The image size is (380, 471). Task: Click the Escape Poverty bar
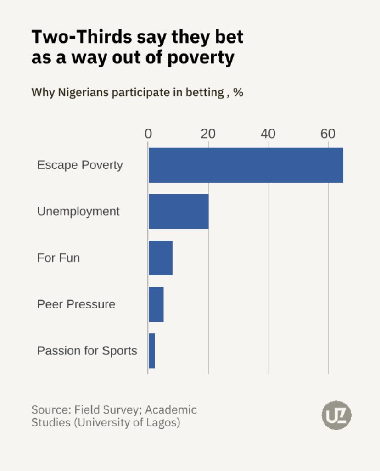click(x=246, y=165)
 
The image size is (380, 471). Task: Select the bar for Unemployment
click(x=179, y=212)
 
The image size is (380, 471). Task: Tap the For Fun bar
click(x=161, y=258)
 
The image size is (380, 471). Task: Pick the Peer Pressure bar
click(x=156, y=304)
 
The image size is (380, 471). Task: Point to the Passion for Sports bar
click(x=152, y=351)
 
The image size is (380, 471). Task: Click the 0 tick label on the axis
click(x=148, y=134)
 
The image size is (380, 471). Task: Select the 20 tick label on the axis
click(x=208, y=134)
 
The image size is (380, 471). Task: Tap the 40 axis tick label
click(x=268, y=134)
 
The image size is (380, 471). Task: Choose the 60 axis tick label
click(x=328, y=134)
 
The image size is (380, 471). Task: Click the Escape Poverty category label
click(x=80, y=165)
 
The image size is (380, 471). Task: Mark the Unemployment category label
click(x=78, y=211)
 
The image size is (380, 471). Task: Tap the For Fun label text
click(x=58, y=258)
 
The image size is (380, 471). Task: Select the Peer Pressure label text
click(x=76, y=304)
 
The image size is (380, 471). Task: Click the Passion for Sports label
click(x=87, y=351)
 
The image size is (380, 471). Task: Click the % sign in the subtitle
click(x=238, y=92)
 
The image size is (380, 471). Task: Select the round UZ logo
click(x=336, y=415)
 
